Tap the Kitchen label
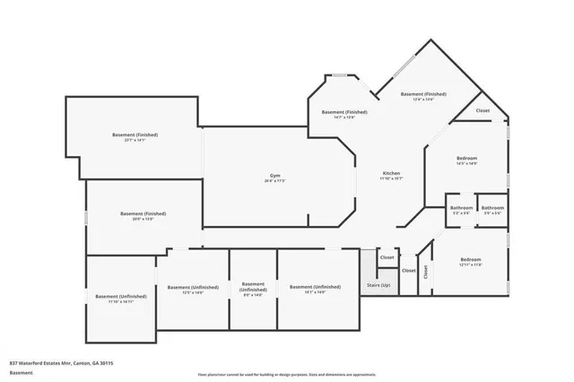coord(391,173)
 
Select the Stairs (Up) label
coord(378,284)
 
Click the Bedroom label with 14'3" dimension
coord(466,158)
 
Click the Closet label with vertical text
coord(424,278)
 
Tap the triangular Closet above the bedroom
coord(483,111)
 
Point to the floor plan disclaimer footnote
coord(286,374)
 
